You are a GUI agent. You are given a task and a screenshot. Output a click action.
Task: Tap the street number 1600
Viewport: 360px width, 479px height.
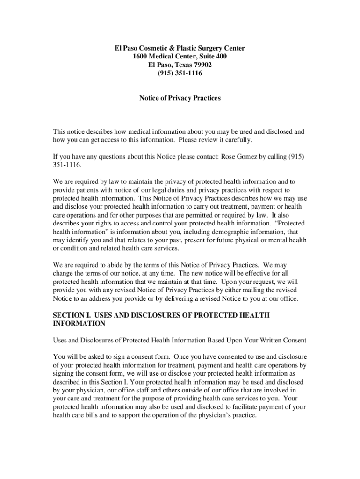pyautogui.click(x=140, y=57)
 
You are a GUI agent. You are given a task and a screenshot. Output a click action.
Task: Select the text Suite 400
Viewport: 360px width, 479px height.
pyautogui.click(x=212, y=57)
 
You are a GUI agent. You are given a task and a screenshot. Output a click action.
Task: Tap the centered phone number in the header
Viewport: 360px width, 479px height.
pyautogui.click(x=180, y=73)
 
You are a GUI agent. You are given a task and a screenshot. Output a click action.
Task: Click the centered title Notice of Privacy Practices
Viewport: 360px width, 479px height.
pyautogui.click(x=180, y=99)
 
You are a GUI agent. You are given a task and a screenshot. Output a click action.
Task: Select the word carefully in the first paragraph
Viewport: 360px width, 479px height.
pyautogui.click(x=237, y=140)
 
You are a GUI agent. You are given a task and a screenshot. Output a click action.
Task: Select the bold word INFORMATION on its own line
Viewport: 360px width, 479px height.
pyautogui.click(x=79, y=324)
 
